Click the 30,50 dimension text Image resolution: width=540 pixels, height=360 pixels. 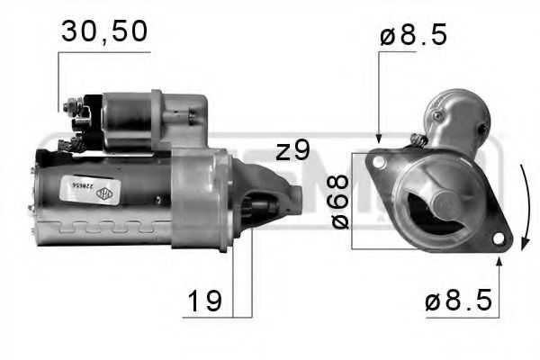pyautogui.click(x=104, y=31)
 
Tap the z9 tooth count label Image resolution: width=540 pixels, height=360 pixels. pyautogui.click(x=292, y=149)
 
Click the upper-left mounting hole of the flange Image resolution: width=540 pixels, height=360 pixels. pyautogui.click(x=379, y=163)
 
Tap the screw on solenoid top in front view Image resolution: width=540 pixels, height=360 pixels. pyautogui.click(x=438, y=116)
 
